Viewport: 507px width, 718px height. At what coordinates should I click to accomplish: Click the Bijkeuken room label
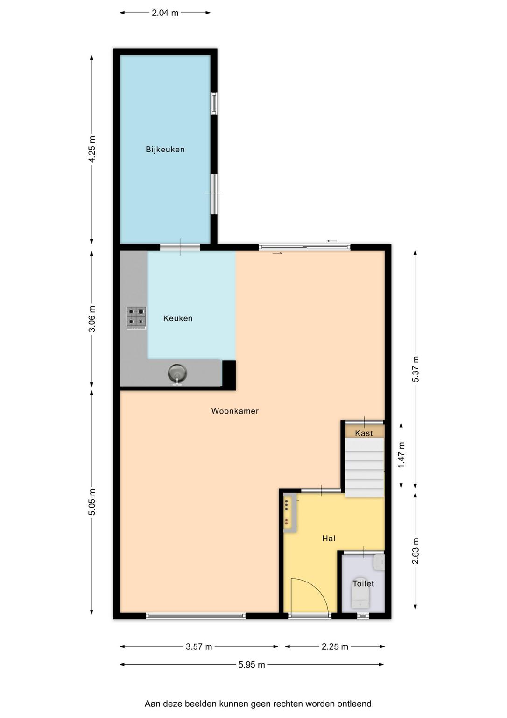(165, 150)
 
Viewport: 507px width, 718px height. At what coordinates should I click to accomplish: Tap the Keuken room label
(178, 318)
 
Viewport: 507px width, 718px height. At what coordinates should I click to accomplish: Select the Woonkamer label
(235, 411)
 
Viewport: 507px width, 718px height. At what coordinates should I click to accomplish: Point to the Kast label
(364, 433)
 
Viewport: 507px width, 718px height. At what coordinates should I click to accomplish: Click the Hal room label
(329, 538)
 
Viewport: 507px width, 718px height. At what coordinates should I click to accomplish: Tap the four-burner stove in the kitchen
(136, 318)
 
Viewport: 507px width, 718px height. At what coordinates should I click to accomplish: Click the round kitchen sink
(178, 373)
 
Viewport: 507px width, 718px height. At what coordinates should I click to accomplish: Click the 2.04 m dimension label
(165, 13)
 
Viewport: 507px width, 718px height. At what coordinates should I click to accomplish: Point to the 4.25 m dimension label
(92, 150)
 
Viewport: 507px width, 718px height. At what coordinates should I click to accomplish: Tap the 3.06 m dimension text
(92, 319)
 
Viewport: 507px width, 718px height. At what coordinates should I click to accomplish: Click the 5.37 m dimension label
(415, 369)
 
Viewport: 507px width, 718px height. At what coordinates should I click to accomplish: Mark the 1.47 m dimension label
(401, 454)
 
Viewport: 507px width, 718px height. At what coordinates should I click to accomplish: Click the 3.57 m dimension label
(199, 647)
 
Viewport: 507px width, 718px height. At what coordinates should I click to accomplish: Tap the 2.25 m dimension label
(335, 647)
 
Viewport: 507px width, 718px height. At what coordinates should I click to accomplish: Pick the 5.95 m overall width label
(252, 665)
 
